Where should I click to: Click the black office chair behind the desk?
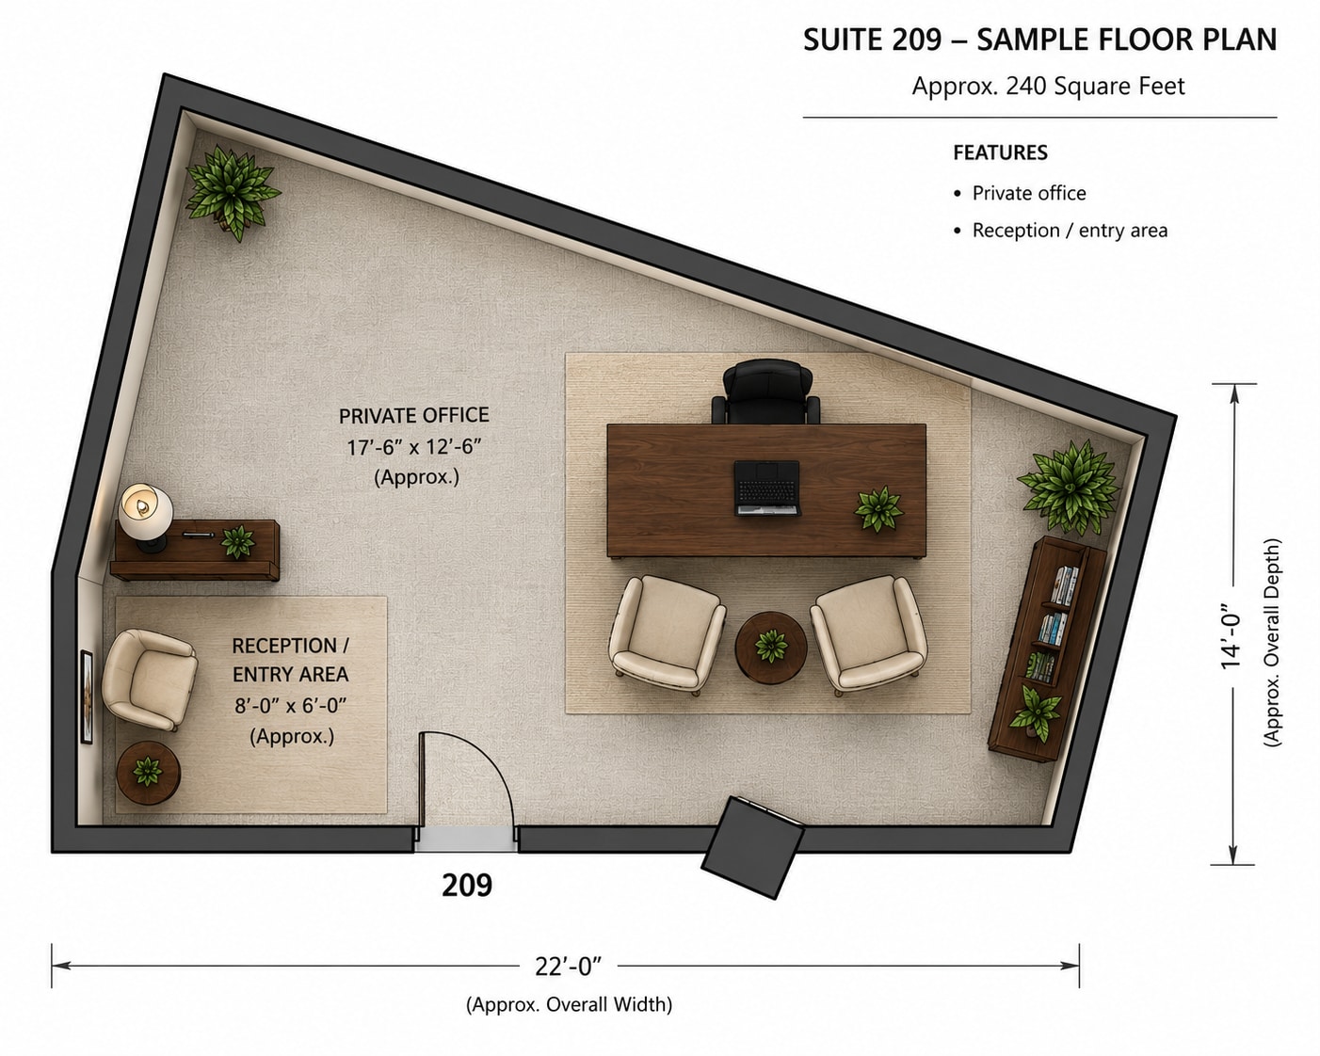pos(766,392)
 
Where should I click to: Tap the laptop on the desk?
pos(767,488)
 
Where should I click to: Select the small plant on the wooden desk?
pos(878,508)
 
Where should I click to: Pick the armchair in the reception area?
pos(149,680)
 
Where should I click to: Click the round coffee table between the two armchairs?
pos(771,647)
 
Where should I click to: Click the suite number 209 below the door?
pos(467,885)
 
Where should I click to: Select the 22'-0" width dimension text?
pos(568,967)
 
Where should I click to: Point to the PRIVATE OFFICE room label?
pos(414,415)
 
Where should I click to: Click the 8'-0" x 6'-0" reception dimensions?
pos(291,706)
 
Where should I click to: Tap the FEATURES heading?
pos(1001,152)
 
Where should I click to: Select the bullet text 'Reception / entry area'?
pos(1070,231)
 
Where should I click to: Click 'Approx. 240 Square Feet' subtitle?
pos(1048,86)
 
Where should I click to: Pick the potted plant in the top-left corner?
pos(232,190)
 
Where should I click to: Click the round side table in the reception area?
pos(149,773)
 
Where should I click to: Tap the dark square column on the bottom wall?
pos(752,847)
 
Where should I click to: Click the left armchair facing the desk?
pos(668,634)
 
